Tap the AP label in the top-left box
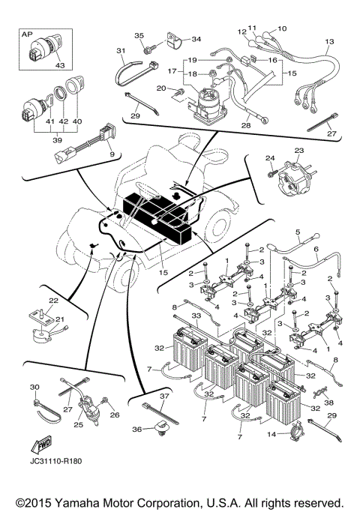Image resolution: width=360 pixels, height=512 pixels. point(28,34)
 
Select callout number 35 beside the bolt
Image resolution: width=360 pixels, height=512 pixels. point(139,36)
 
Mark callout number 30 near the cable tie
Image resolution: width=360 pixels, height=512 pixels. point(34,387)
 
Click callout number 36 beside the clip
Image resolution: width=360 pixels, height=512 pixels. point(135,430)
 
